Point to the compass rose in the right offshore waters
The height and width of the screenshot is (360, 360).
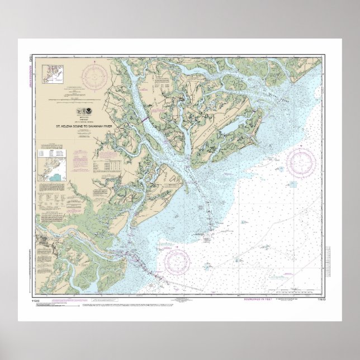301,162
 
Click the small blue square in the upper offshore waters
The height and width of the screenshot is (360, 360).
292,184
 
